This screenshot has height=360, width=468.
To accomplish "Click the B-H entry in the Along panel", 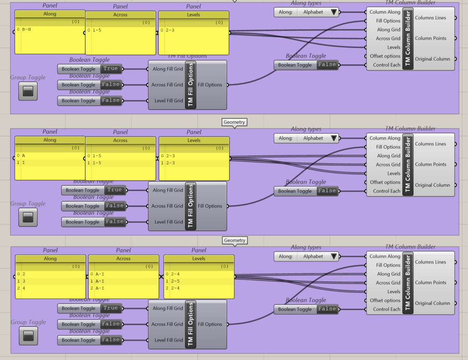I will coord(27,30).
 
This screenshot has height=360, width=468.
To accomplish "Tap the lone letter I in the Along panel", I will coord(23,163).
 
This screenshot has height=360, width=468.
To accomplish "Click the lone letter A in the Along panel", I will coord(23,156).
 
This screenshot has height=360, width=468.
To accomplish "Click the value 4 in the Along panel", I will coord(24,288).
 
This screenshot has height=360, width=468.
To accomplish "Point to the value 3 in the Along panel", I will coord(24,281).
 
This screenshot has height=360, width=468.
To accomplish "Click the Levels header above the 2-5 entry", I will coord(199,258).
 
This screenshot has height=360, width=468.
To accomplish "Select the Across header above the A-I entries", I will coord(123,258).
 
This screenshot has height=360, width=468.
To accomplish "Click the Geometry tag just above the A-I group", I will coord(235,240).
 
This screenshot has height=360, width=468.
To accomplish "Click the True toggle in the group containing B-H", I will coord(110,69).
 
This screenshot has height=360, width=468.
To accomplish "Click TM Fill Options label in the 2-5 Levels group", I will coord(191,324).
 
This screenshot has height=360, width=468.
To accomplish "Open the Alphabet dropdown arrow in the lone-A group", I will coord(334,138).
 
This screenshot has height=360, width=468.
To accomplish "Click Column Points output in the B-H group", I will coord(431,38).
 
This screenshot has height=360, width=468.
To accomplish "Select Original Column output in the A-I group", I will coord(432,303).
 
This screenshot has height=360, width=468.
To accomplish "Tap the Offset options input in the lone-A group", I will coord(385,182).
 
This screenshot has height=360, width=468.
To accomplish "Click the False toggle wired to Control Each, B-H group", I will coord(327,65).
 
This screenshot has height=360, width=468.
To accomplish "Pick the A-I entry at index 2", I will coord(100,288).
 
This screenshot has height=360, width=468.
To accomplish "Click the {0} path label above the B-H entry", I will coord(75,22).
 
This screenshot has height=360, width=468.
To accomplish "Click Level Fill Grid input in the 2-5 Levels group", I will coord(168,340).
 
